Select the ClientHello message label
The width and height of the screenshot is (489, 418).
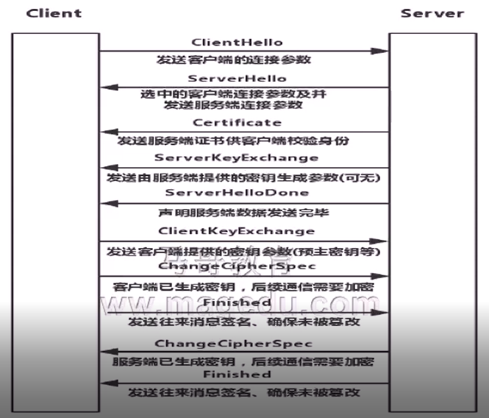pos(237,43)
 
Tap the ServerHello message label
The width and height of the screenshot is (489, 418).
pos(237,78)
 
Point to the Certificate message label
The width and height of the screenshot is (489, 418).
pos(237,122)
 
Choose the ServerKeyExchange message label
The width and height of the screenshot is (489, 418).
pos(237,157)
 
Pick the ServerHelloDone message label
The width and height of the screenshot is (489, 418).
pos(237,193)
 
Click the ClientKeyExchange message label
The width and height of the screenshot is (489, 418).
pos(237,231)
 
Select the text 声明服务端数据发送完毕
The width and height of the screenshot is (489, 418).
pos(243,213)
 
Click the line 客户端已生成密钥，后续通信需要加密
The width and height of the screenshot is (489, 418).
pos(243,286)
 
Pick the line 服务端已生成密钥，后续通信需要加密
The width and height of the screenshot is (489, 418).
pos(243,361)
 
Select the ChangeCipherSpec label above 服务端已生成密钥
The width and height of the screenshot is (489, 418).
pos(233,344)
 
